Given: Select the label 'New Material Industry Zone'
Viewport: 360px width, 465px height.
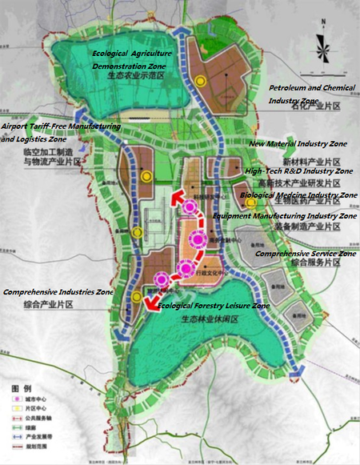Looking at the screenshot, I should tap(298, 144).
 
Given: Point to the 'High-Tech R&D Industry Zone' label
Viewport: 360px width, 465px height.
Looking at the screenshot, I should tap(298, 171).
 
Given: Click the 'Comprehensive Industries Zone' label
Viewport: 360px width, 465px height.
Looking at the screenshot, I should tap(58, 294).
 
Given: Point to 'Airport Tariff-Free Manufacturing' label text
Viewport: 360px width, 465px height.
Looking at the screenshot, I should tap(61, 126).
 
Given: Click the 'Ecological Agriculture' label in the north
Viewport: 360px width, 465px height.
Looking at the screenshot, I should tap(132, 53).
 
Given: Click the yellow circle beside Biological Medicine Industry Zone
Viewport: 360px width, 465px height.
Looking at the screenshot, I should tap(250, 202).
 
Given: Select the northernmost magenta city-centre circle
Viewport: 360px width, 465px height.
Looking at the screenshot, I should tap(190, 207).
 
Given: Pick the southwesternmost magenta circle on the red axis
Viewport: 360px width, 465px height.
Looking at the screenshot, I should tap(162, 279).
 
